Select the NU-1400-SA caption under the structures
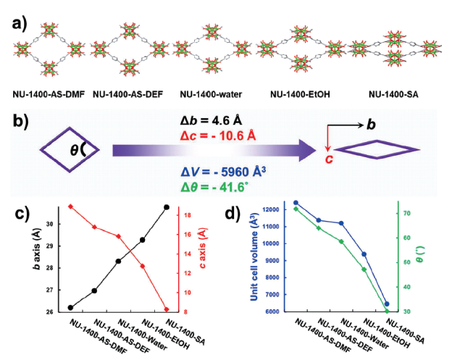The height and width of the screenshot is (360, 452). (393, 94)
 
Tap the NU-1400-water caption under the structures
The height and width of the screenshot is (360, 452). (211, 94)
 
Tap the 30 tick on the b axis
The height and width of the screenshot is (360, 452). (51, 225)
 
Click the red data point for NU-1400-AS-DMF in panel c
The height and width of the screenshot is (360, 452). (70, 206)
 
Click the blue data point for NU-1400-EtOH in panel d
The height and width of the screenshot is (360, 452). (364, 254)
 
